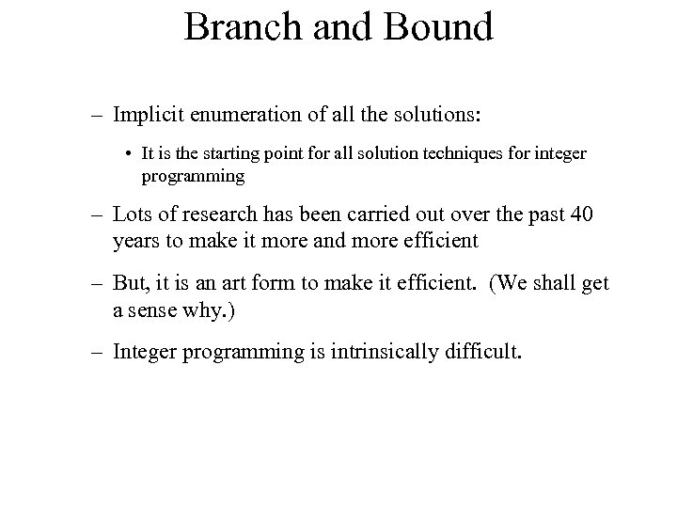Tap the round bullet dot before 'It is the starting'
(x=127, y=153)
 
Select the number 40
(x=581, y=215)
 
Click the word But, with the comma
(x=134, y=284)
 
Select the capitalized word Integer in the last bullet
(x=146, y=352)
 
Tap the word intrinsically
(x=360, y=352)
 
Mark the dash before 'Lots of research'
(x=98, y=215)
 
